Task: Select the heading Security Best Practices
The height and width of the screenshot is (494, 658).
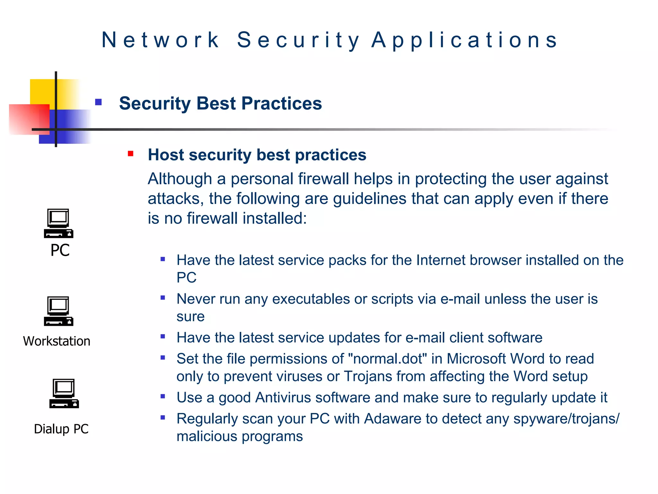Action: pyautogui.click(x=220, y=104)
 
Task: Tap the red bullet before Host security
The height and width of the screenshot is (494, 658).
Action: pyautogui.click(x=130, y=154)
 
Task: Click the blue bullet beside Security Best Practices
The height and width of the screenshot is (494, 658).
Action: pyautogui.click(x=98, y=102)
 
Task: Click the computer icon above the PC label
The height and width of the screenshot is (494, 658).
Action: pyautogui.click(x=58, y=223)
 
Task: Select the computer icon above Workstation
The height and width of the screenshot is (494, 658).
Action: pyautogui.click(x=58, y=311)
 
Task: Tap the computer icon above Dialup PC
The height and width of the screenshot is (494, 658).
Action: pyautogui.click(x=64, y=393)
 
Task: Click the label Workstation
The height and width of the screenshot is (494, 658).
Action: pyautogui.click(x=57, y=341)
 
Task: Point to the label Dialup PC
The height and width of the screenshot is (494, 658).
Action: pyautogui.click(x=61, y=429)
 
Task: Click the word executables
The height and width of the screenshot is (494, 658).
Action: pyautogui.click(x=311, y=299)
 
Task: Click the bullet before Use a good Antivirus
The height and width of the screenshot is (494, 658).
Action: pyautogui.click(x=163, y=396)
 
